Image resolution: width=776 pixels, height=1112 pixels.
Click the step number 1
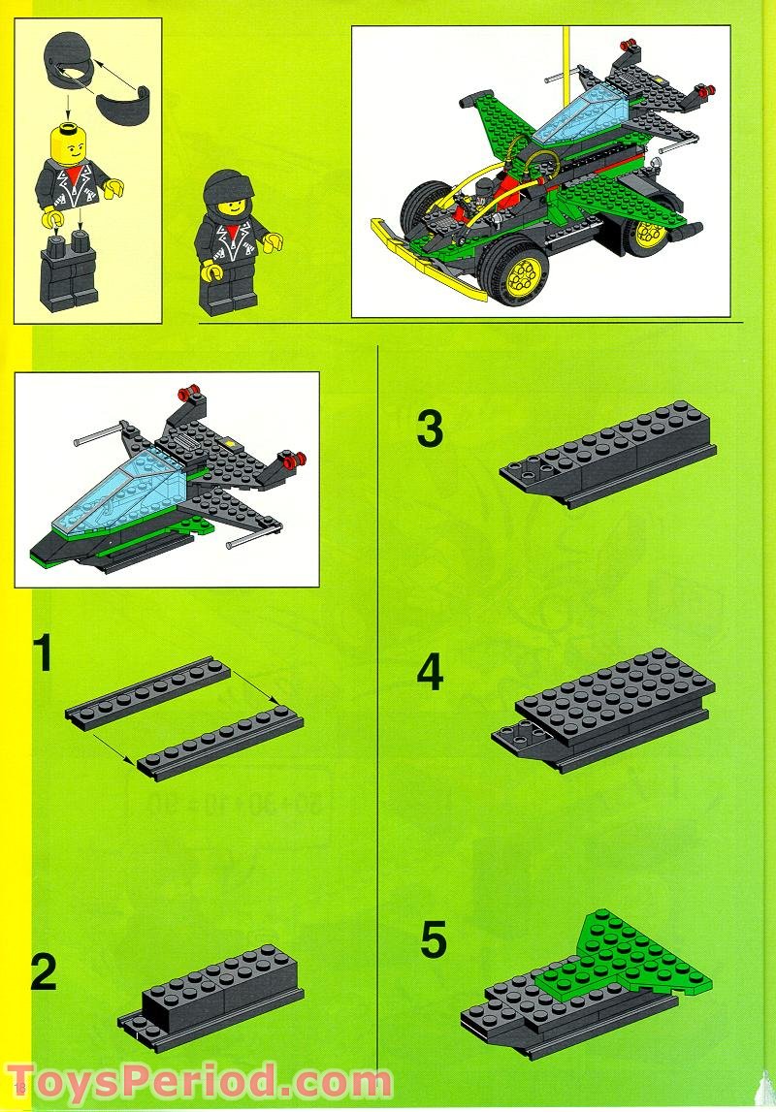click(x=42, y=654)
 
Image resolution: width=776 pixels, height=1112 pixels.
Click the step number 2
click(x=44, y=972)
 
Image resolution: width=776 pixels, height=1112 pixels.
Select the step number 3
click(x=430, y=429)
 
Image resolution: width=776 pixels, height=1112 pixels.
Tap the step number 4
click(x=430, y=673)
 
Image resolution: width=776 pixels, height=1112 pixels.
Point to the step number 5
click(x=434, y=939)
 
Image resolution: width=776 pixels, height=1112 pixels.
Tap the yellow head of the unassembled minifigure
click(x=72, y=145)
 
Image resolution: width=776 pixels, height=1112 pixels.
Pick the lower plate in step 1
click(x=220, y=742)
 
